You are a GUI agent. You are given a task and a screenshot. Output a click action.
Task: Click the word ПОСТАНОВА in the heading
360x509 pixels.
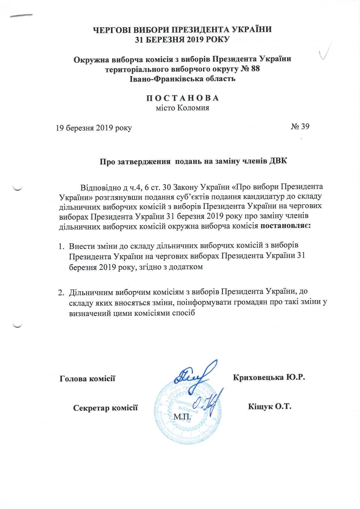coord(182,98)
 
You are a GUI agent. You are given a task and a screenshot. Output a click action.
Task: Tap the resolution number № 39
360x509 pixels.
coord(300,127)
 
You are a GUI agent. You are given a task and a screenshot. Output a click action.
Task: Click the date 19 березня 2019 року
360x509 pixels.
coord(94,128)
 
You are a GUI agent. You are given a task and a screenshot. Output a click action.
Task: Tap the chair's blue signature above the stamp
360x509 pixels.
coord(195,375)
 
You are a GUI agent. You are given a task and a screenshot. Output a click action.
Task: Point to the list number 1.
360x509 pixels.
coord(61,246)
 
